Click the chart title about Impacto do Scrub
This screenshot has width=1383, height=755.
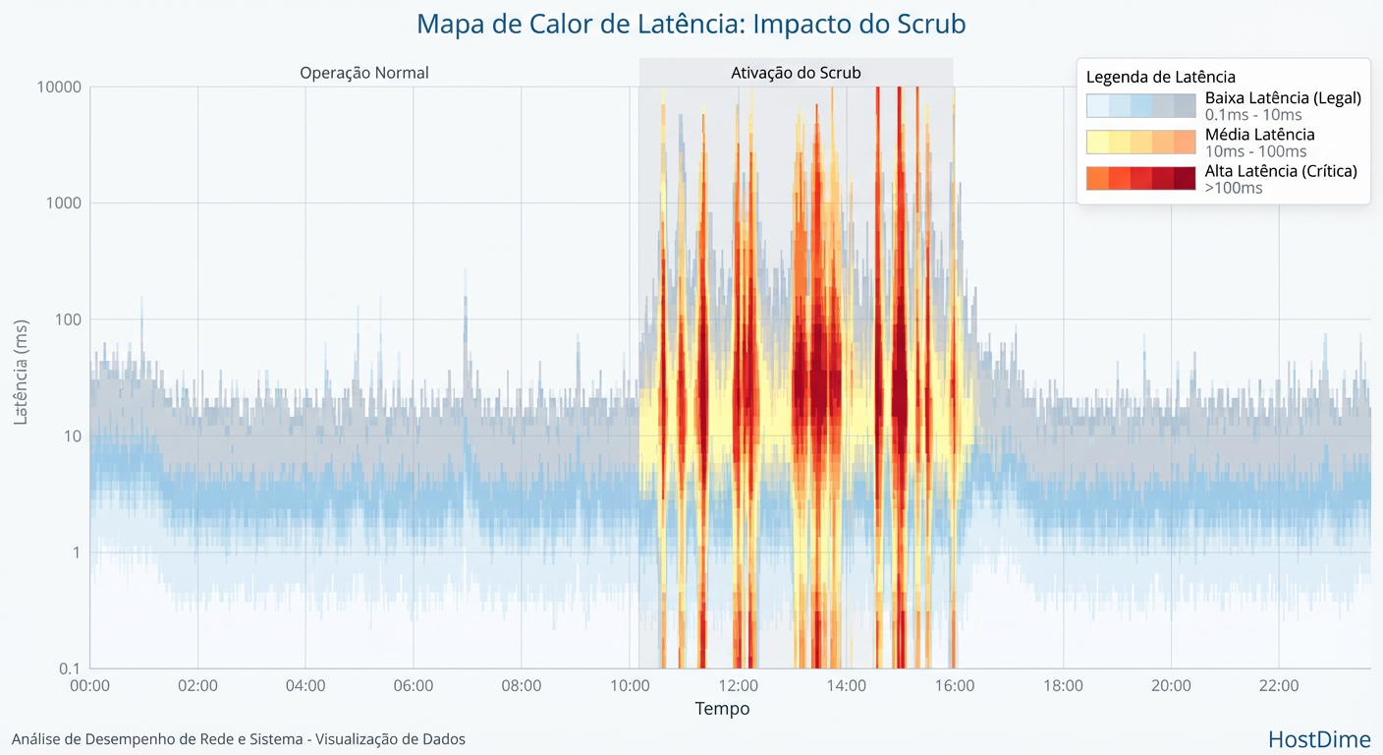click(691, 24)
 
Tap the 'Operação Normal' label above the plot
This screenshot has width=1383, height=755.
click(364, 73)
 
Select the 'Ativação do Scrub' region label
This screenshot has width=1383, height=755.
click(796, 73)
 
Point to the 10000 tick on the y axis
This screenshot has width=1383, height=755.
click(58, 87)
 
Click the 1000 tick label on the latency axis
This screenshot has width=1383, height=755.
click(62, 203)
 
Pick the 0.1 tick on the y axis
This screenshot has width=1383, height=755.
click(69, 668)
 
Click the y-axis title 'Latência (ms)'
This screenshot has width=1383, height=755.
click(21, 372)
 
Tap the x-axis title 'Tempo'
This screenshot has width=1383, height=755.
click(722, 709)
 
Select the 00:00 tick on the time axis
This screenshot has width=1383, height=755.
click(90, 686)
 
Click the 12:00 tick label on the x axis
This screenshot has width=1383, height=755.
click(739, 686)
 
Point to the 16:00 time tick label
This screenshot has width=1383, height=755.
click(955, 686)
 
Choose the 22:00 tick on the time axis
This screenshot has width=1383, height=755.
click(1279, 686)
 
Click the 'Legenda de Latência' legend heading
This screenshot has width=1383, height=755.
click(1160, 77)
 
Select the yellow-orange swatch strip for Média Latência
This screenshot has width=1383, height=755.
click(1140, 143)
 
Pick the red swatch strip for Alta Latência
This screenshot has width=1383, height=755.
click(1140, 179)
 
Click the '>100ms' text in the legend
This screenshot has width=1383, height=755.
click(1234, 188)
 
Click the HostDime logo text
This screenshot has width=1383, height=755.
click(1319, 739)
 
